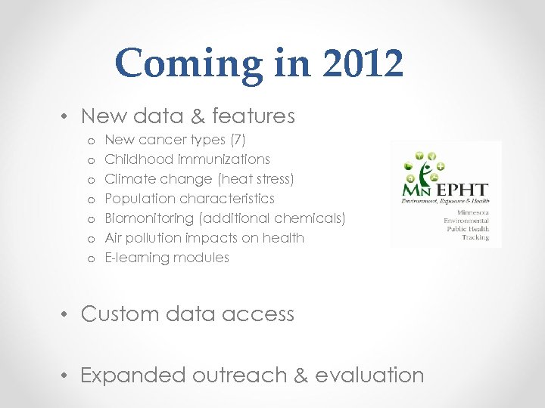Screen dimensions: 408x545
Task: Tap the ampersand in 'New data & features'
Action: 197,116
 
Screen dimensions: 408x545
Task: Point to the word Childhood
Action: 136,159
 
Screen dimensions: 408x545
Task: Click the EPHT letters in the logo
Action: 462,190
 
